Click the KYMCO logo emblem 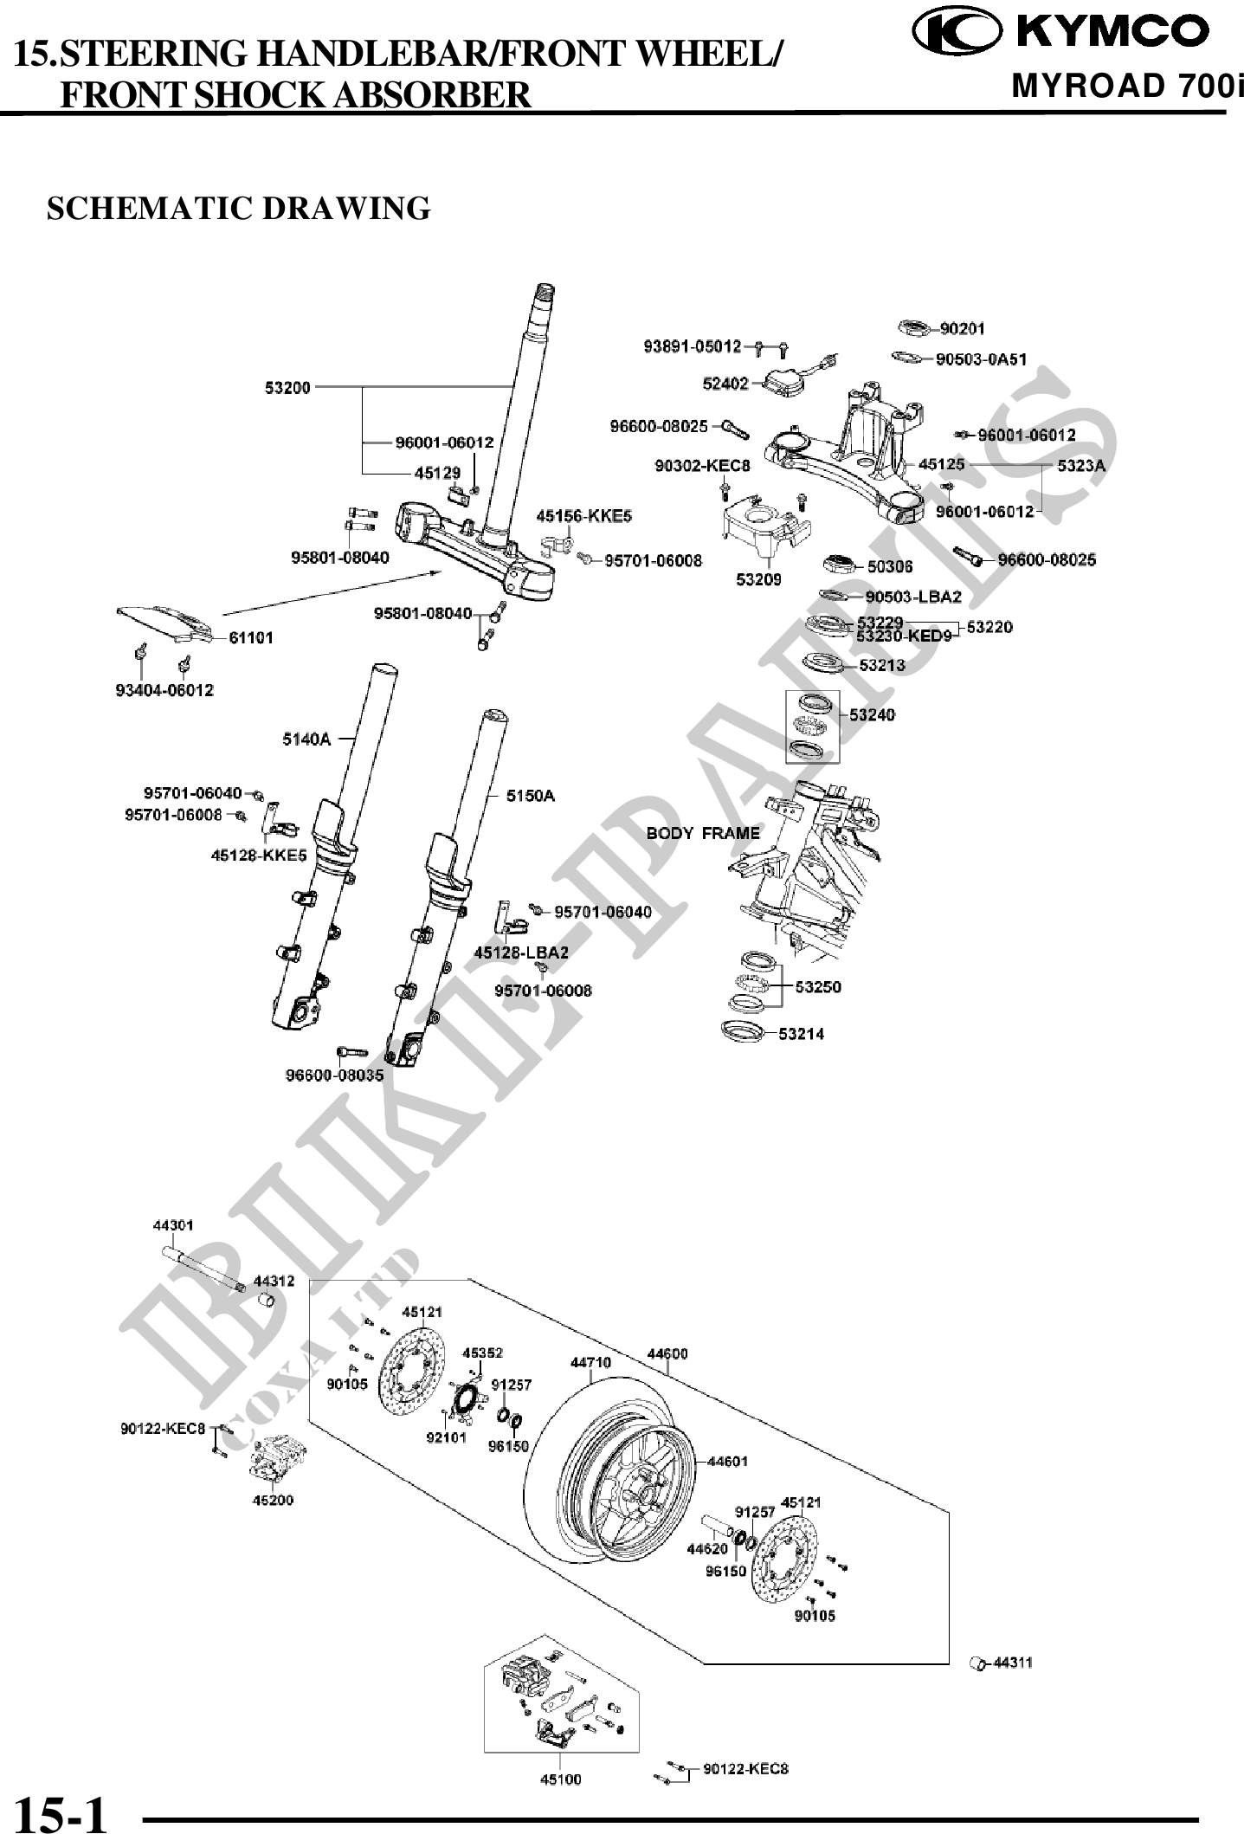pos(956,31)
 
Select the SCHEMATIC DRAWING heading pos(238,209)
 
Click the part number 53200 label pos(287,387)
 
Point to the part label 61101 pos(251,638)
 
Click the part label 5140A pos(306,739)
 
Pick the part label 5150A pos(531,796)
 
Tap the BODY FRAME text pos(703,834)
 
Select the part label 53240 pos(872,715)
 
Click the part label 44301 pos(173,1225)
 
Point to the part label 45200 pos(273,1501)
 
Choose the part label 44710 pos(590,1362)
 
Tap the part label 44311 pos(1012,1663)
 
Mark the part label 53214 pos(801,1034)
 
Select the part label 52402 pos(725,384)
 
